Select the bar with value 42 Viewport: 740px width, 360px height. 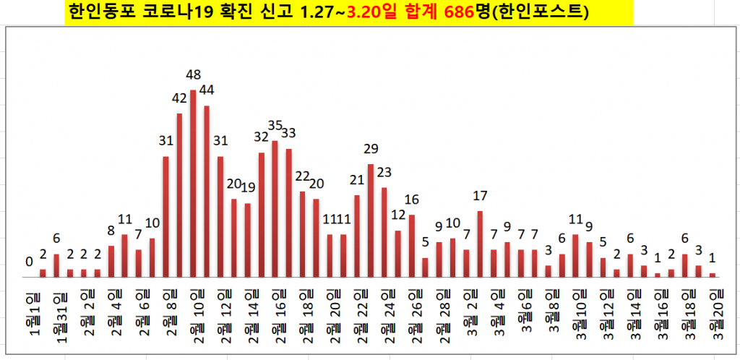click(179, 195)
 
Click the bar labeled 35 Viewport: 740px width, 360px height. click(275, 209)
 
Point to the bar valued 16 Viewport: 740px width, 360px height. click(412, 246)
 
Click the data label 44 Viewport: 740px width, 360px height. click(207, 90)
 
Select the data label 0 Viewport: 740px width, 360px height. click(29, 262)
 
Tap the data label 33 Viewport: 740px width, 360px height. click(288, 133)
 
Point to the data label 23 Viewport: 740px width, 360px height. click(384, 172)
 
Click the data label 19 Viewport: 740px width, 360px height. click(248, 187)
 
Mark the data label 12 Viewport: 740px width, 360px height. click(398, 215)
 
